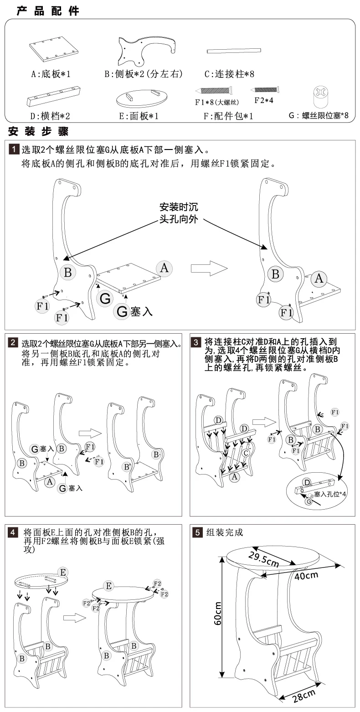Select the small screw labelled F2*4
point(267,89)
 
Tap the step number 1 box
point(14,150)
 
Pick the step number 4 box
point(14,533)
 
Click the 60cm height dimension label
point(217,613)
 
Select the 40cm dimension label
point(306,575)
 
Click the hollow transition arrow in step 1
point(208,268)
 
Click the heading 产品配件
point(48,11)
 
